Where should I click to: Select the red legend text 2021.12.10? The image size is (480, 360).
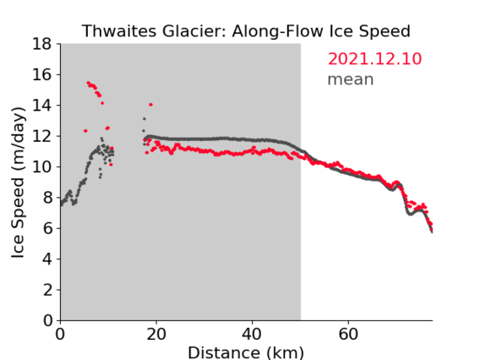[374, 59]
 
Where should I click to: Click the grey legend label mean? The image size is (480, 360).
[351, 79]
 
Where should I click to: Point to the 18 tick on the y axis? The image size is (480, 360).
[42, 44]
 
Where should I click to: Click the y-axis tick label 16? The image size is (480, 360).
[42, 74]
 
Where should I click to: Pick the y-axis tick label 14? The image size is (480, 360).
[42, 106]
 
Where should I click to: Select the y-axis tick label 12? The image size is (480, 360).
[42, 136]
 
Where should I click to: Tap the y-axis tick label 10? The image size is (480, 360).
[42, 166]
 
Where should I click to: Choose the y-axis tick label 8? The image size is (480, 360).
[47, 198]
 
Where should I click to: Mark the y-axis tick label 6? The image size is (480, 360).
[47, 228]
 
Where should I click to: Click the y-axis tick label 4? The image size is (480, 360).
[47, 259]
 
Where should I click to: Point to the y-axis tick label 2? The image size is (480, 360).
[47, 290]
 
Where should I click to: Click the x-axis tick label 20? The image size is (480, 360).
[156, 334]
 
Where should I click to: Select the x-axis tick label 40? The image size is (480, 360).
[252, 334]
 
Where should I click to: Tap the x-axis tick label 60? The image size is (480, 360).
[348, 334]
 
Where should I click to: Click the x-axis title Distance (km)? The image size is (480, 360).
[246, 352]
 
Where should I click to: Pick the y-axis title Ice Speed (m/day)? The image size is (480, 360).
[18, 183]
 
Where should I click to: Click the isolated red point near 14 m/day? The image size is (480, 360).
[150, 105]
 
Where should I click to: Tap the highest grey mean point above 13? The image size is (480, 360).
[145, 119]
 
